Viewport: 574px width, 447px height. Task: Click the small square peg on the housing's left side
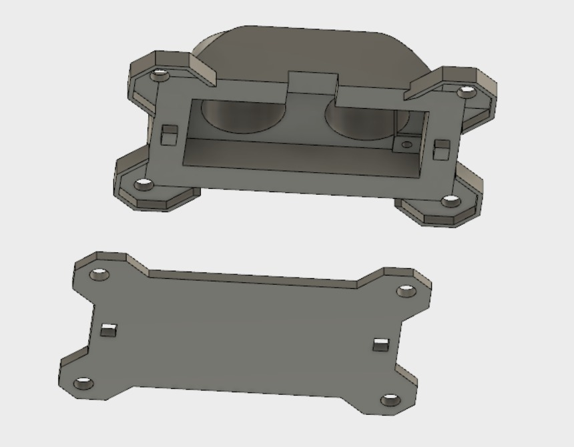[169, 134]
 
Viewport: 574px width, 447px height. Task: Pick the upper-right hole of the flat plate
[406, 291]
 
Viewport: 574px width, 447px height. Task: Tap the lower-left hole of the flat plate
[83, 383]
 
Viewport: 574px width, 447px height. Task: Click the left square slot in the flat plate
[108, 329]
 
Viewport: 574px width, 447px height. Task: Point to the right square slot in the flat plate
[380, 344]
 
